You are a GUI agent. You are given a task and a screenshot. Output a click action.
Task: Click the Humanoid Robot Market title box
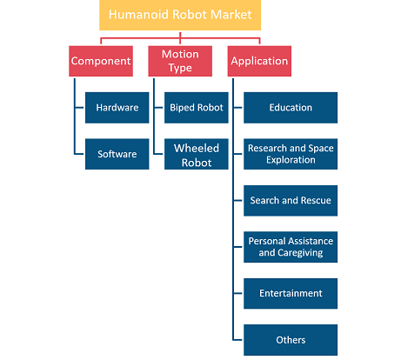(180, 15)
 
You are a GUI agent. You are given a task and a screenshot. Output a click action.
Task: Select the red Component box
(101, 61)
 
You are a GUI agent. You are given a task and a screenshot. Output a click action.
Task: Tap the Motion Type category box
(180, 61)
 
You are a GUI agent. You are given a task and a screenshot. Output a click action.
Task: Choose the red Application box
(259, 61)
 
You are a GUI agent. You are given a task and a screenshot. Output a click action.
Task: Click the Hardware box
(117, 108)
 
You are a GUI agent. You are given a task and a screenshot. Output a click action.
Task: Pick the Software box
(117, 154)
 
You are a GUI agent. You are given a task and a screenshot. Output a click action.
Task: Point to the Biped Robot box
(197, 108)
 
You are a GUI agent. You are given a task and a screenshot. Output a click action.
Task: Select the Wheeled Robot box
(197, 154)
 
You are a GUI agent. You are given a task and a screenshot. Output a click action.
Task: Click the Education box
(291, 108)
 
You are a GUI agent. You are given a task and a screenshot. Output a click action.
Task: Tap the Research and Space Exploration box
(291, 154)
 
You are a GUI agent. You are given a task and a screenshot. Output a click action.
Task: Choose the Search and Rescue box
(291, 201)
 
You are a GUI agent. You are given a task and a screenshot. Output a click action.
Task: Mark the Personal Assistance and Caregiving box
(291, 247)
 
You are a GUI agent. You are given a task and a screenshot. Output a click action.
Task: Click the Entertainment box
(291, 294)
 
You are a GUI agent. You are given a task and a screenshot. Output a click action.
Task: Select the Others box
(291, 340)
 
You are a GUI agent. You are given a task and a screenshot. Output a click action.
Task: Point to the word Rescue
(316, 200)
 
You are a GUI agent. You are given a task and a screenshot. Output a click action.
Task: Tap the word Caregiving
(300, 253)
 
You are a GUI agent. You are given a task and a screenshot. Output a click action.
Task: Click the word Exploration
(291, 160)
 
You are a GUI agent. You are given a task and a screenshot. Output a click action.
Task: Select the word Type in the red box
(180, 68)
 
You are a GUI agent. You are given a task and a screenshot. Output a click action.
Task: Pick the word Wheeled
(197, 149)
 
